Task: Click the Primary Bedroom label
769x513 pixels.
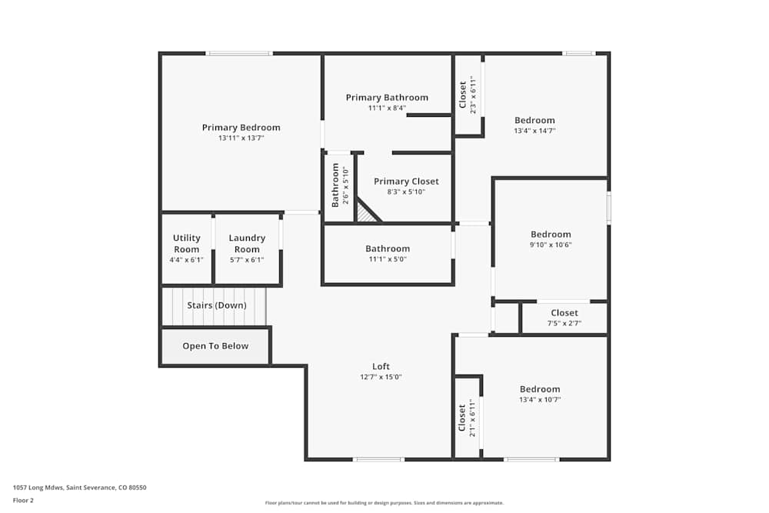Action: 241,128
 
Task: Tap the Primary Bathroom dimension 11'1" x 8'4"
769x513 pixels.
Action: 387,108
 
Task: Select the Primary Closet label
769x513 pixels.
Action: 406,182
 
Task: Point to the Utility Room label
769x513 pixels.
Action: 186,244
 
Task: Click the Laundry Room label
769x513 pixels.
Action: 247,244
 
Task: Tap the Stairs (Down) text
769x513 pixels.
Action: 217,305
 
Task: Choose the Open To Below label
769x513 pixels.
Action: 215,346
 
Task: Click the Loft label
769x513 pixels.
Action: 381,367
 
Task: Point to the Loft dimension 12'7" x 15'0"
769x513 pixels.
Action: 381,378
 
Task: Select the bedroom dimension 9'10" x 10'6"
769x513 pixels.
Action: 551,245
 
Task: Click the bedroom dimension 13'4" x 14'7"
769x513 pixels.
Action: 534,131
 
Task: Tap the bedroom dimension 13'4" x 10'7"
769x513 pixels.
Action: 540,400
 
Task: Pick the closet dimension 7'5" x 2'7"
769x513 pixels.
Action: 564,324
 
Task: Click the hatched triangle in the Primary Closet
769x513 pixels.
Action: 367,215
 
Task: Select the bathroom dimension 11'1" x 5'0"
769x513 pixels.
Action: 387,259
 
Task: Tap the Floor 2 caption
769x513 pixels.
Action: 23,500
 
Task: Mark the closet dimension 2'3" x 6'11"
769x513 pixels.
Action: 473,96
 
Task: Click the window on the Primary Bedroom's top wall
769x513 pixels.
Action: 239,53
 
